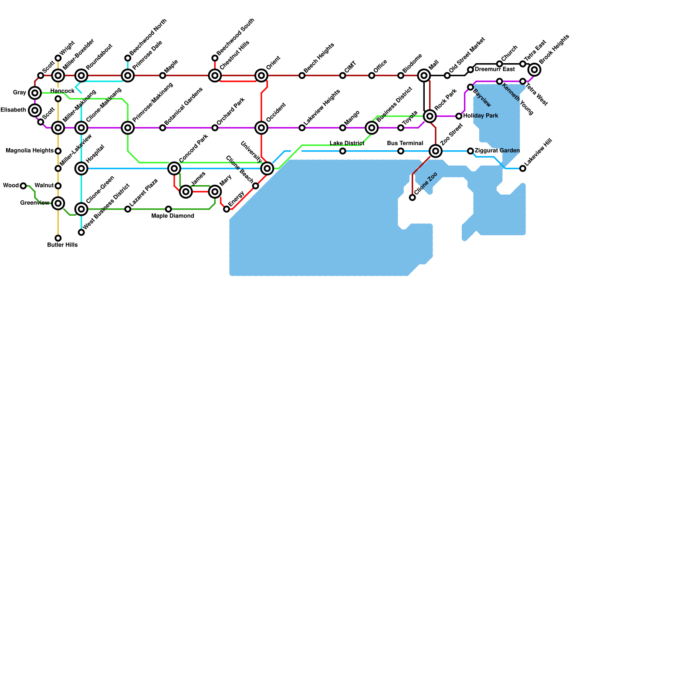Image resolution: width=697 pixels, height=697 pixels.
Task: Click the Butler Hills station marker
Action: (58, 238)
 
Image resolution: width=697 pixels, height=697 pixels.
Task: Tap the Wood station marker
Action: (23, 186)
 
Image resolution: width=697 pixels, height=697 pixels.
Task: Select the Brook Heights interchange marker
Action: (535, 70)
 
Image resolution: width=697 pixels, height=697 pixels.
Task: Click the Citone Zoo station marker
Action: (413, 198)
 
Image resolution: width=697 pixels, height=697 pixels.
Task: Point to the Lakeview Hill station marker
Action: (523, 169)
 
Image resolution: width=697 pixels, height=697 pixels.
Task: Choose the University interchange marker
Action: (267, 169)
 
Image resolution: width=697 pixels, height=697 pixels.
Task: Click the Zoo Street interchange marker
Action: (436, 151)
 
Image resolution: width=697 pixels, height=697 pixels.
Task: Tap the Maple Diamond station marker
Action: (169, 209)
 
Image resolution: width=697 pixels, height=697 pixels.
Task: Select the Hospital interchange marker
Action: (81, 168)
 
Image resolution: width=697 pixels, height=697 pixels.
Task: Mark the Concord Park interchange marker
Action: (174, 168)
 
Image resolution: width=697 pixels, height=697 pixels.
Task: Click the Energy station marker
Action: (227, 209)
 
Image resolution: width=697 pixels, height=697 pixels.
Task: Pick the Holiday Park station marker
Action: (459, 116)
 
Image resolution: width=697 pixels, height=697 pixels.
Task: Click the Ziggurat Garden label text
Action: (497, 151)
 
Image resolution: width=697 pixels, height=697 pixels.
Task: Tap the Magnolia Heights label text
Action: (30, 151)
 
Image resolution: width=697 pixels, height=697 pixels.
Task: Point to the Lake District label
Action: (347, 143)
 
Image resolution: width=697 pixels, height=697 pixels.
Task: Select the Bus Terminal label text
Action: (405, 143)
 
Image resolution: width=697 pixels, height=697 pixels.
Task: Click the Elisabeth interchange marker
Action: (35, 110)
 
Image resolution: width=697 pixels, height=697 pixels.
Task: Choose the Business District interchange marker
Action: (372, 128)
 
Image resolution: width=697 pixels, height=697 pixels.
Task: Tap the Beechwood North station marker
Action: (128, 58)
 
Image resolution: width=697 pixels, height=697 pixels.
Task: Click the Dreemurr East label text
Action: (495, 69)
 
